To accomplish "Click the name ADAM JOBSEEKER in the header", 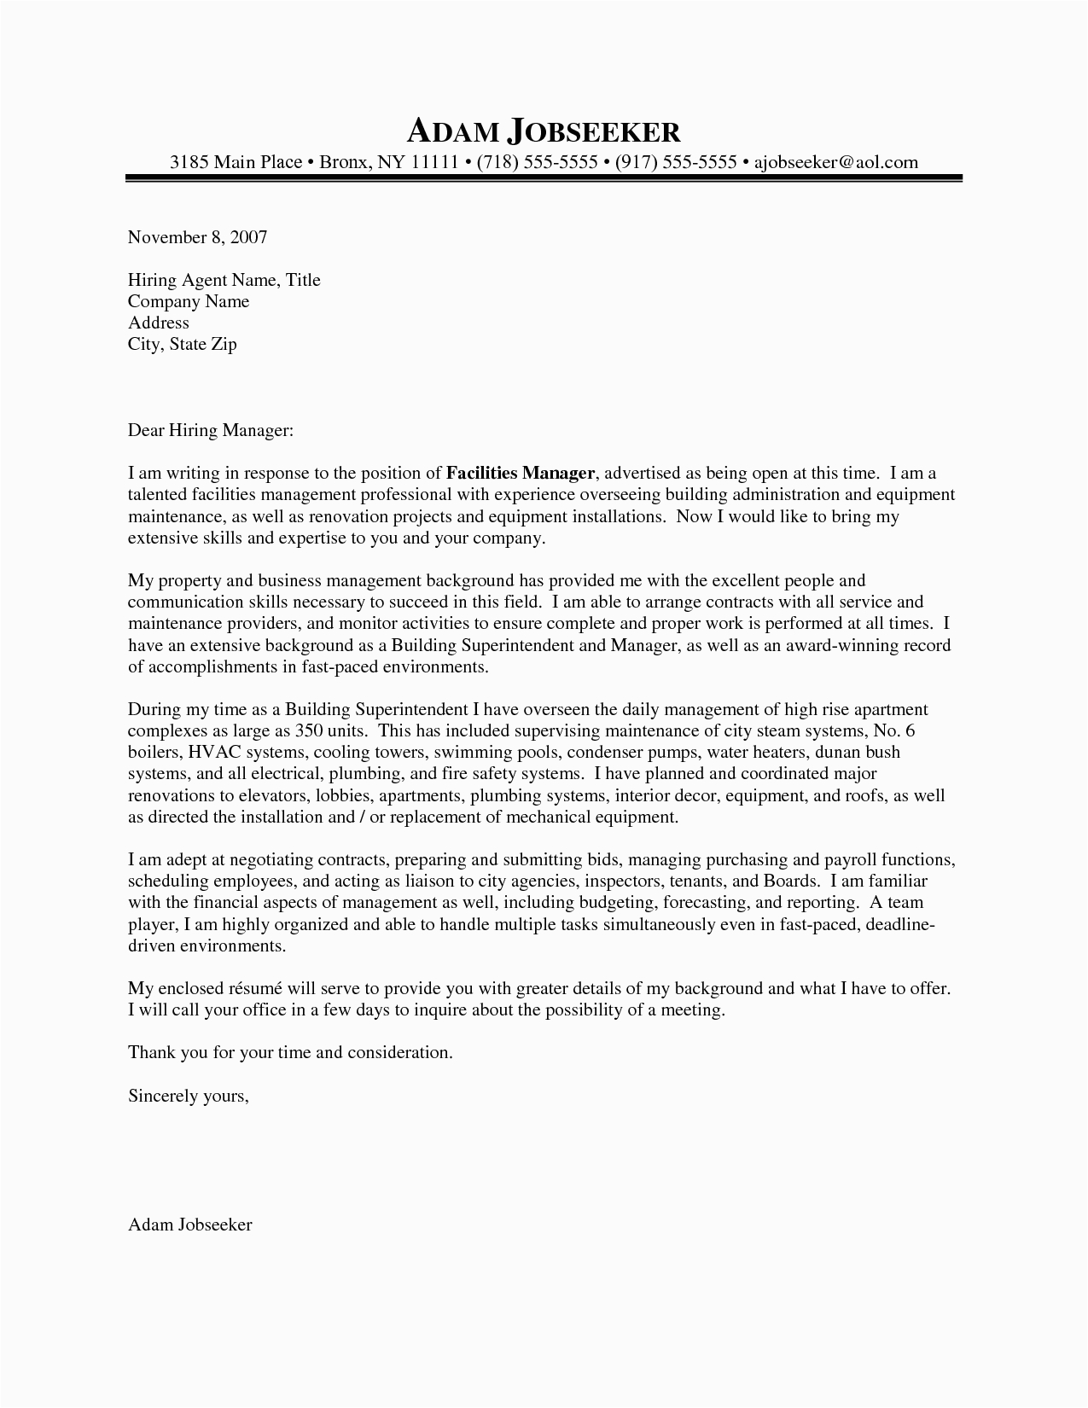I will click(544, 131).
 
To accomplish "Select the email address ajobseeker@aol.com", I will click(835, 161).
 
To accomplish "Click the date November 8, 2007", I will click(197, 237).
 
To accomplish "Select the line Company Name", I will click(189, 301).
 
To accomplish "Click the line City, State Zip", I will click(182, 344).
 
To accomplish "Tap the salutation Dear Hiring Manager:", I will click(211, 431).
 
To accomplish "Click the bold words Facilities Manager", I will click(521, 473).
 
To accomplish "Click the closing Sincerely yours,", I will click(189, 1096).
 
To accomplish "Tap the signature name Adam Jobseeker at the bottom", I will click(189, 1225).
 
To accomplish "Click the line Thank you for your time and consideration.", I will click(290, 1052).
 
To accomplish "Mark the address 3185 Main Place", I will click(236, 161).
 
